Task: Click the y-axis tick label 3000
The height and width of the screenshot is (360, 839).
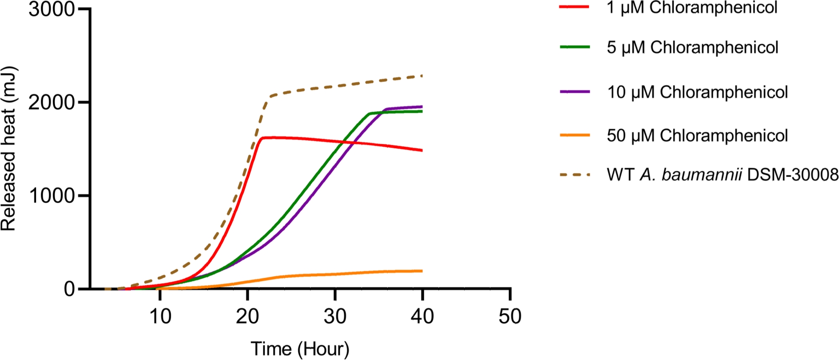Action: [51, 9]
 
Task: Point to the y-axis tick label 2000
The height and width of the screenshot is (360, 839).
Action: [51, 102]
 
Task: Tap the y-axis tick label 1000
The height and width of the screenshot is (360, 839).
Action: [51, 196]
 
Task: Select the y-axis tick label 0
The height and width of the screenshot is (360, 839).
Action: [69, 289]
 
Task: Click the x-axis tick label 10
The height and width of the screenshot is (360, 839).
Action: [160, 316]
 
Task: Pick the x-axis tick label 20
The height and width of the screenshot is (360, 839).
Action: [248, 316]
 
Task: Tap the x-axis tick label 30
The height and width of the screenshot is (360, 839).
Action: [335, 316]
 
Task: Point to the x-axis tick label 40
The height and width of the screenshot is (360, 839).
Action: [422, 316]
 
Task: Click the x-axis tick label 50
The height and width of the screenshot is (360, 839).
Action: [510, 316]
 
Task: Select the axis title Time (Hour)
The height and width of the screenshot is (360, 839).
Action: [300, 349]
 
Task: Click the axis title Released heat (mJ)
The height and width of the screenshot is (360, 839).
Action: [8, 149]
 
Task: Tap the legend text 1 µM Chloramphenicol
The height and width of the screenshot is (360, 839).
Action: [692, 8]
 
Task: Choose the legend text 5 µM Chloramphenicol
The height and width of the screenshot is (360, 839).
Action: [692, 47]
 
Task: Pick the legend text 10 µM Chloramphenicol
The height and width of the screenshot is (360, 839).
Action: [697, 92]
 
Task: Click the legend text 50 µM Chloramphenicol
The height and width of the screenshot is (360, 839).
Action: [697, 136]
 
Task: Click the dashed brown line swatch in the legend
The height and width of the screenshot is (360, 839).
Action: [575, 175]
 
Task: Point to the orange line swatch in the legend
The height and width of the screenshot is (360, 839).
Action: [575, 135]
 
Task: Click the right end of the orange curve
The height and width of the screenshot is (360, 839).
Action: [422, 271]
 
